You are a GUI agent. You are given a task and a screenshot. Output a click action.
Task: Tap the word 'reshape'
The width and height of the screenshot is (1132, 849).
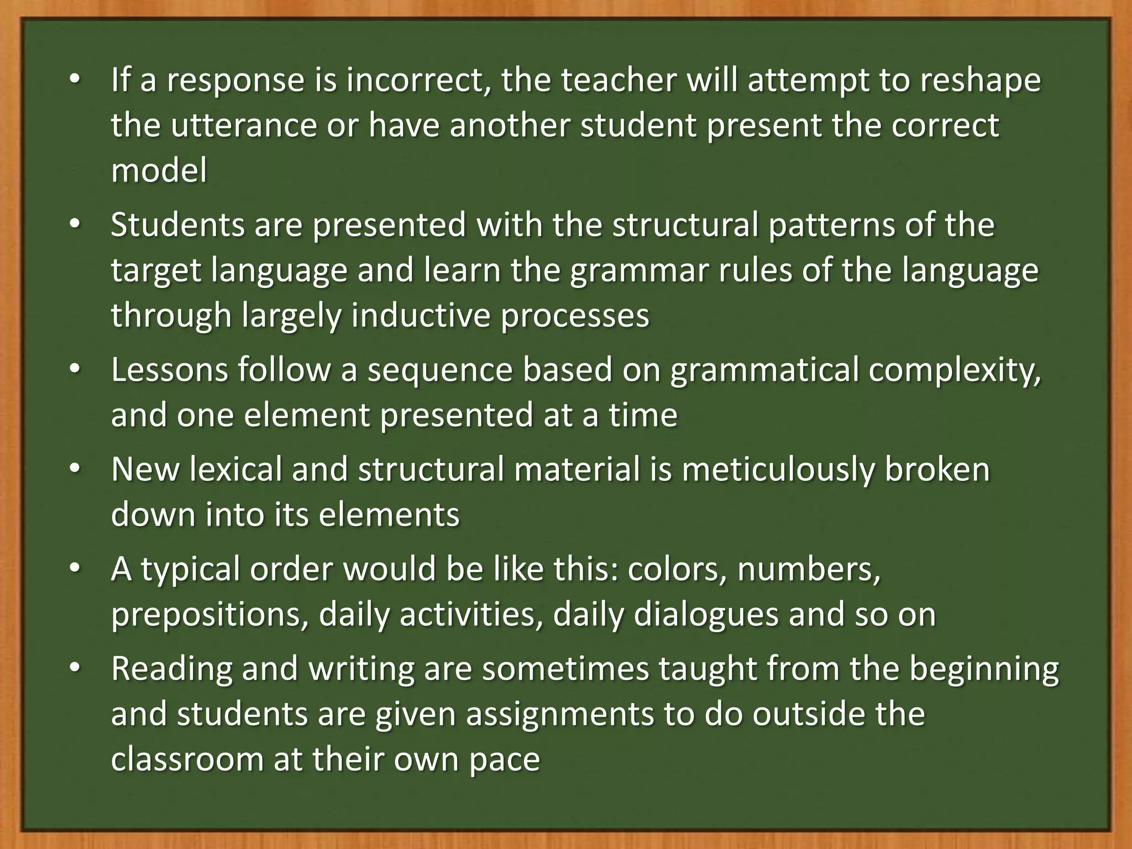[981, 80]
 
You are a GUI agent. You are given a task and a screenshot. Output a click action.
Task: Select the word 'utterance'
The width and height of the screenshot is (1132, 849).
[243, 125]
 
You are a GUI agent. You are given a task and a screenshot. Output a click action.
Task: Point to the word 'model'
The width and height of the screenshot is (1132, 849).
[159, 170]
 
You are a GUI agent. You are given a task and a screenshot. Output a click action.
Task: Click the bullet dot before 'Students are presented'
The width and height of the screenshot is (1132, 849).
[75, 225]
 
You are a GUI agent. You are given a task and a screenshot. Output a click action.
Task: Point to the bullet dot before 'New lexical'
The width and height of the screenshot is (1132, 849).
[75, 469]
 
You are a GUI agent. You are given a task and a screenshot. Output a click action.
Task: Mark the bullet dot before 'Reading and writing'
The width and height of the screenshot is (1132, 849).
[75, 668]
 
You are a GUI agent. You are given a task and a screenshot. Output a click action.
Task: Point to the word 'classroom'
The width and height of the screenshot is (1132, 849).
[187, 759]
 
